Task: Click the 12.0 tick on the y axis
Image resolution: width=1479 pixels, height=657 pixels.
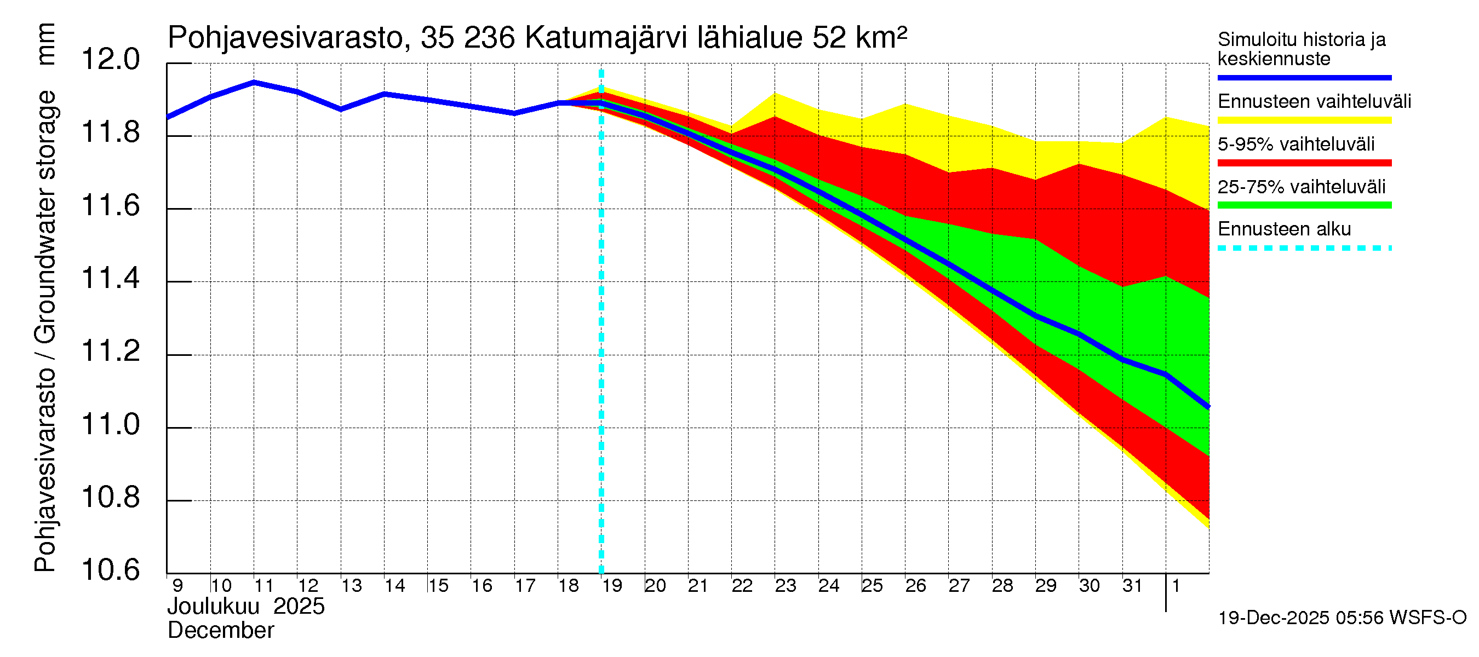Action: [110, 60]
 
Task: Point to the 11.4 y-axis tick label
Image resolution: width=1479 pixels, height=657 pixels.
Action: [110, 279]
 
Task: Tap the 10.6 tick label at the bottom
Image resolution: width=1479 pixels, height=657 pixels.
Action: [110, 570]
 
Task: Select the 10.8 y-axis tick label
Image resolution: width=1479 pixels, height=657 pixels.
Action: [110, 498]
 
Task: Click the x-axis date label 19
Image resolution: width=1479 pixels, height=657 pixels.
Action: [612, 586]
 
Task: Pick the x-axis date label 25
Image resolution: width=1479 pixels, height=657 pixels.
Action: [872, 586]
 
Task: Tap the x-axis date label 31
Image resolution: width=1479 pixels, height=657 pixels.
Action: [1133, 586]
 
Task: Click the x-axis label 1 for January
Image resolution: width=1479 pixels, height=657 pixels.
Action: [1176, 586]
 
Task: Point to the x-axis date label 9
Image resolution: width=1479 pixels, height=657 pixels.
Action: [177, 586]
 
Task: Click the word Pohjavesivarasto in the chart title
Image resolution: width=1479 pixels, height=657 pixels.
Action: [286, 38]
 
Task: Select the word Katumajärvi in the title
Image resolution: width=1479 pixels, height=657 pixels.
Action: [606, 38]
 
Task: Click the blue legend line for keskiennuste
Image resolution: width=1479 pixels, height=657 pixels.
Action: [1304, 77]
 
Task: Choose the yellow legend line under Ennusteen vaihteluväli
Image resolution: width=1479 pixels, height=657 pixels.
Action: [1304, 120]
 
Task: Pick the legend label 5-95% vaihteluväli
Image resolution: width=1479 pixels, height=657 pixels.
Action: [1296, 144]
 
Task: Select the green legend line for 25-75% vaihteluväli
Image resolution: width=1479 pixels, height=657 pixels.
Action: [1304, 205]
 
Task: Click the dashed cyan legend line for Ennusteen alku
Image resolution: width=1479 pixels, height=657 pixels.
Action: [1304, 249]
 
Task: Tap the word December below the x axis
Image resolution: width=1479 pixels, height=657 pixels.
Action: [220, 631]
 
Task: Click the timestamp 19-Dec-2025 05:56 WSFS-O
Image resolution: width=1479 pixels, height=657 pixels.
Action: [1342, 618]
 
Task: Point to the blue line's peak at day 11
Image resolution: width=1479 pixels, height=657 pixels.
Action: [254, 82]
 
